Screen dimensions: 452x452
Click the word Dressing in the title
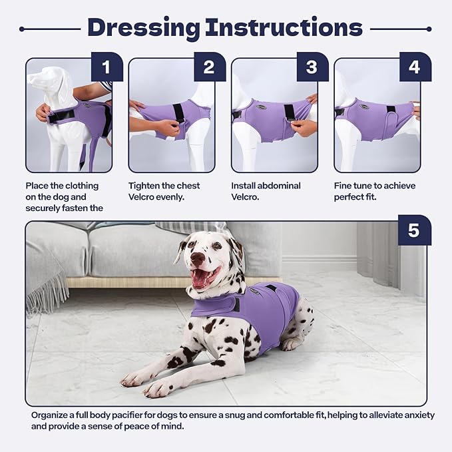click(143, 27)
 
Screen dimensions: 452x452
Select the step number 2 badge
click(209, 67)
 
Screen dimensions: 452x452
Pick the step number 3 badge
click(312, 67)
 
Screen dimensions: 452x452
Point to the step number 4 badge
click(414, 67)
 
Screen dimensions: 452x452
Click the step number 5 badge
click(413, 230)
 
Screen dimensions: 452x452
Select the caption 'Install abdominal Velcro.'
click(266, 192)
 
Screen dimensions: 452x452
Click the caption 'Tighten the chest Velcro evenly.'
click(164, 192)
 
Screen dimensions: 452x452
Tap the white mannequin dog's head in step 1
click(50, 83)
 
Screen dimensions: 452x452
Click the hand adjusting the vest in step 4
click(415, 111)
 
